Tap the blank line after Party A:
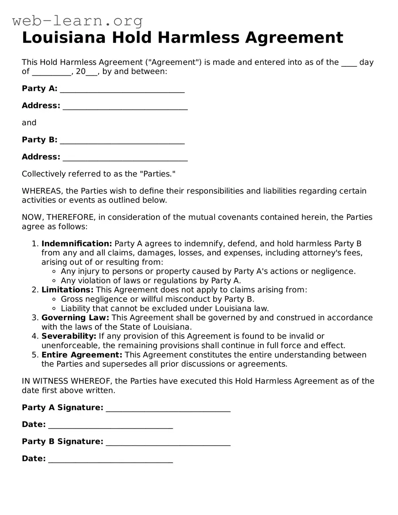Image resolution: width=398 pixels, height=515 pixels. [122, 89]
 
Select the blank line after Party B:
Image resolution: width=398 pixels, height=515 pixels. [122, 140]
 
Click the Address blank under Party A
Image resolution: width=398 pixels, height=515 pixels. [125, 106]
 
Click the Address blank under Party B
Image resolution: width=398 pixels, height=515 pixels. [125, 158]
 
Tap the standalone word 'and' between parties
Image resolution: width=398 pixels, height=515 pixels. [29, 123]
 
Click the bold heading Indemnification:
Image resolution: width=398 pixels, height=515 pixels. [76, 244]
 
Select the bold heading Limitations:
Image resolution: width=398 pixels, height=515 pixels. [67, 290]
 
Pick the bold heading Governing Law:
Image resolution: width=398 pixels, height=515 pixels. [75, 318]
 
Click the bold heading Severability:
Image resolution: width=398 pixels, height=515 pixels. [69, 336]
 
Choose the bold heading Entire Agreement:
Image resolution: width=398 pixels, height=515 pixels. [82, 355]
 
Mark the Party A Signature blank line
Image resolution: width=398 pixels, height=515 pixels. [168, 408]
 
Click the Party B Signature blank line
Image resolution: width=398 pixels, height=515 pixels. [168, 442]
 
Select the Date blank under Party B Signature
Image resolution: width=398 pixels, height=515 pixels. [111, 460]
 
